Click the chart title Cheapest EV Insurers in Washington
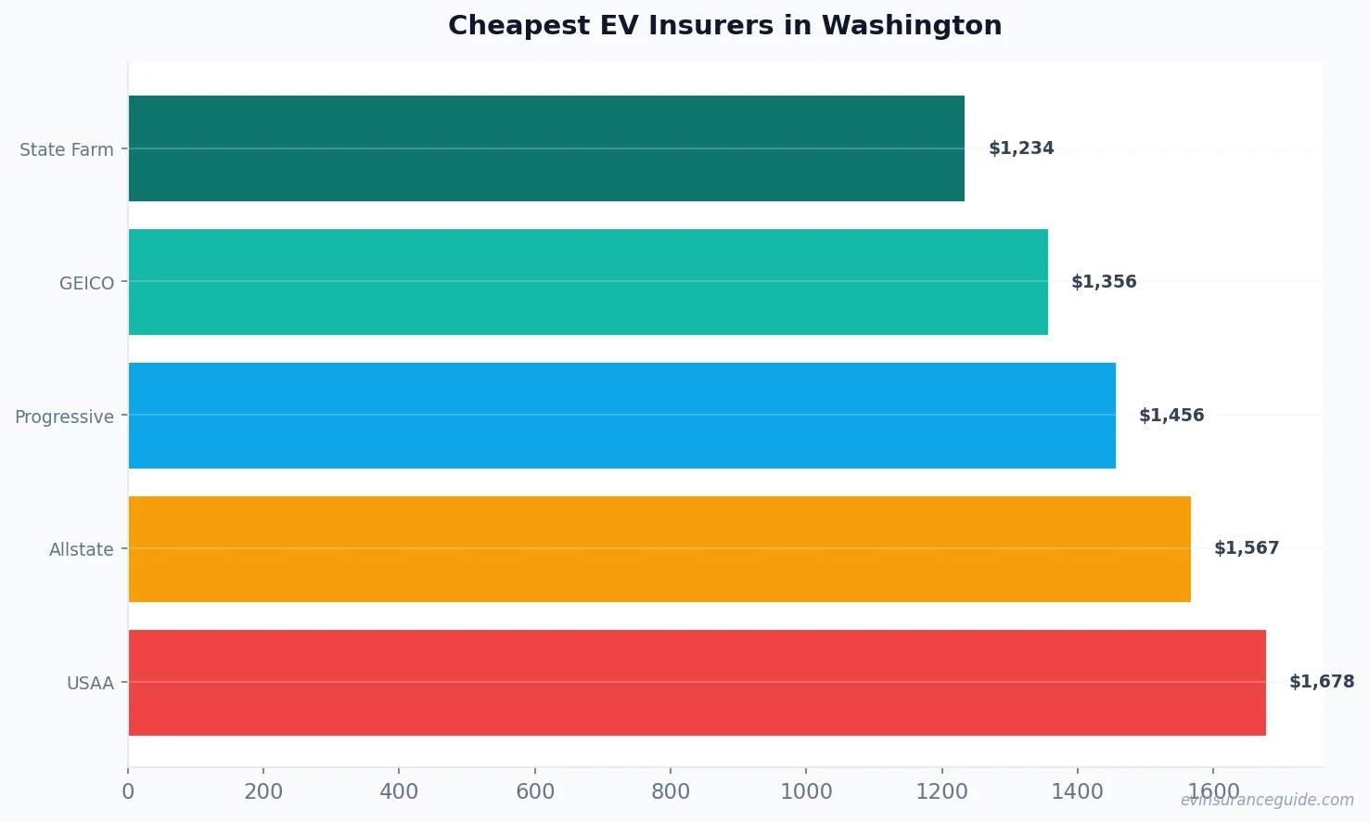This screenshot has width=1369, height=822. click(x=724, y=25)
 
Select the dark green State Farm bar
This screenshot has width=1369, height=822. click(x=546, y=148)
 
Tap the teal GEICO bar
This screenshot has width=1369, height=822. click(x=588, y=282)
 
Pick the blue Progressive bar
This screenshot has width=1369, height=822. click(x=621, y=416)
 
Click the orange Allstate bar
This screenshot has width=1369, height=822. click(x=659, y=549)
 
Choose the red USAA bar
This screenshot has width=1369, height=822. click(x=697, y=683)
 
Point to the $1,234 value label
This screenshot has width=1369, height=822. click(x=1021, y=148)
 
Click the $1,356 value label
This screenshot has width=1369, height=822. click(x=1104, y=282)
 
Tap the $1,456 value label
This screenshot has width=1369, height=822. click(x=1171, y=416)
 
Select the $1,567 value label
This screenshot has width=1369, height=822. click(x=1247, y=548)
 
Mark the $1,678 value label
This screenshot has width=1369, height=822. click(x=1322, y=682)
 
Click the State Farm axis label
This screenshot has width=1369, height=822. click(x=67, y=149)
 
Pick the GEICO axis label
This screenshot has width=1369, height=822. click(x=87, y=283)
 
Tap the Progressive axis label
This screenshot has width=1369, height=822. click(x=64, y=417)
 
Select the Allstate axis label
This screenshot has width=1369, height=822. click(x=82, y=549)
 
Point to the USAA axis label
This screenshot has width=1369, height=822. click(x=90, y=683)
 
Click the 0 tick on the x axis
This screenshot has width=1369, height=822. click(x=128, y=791)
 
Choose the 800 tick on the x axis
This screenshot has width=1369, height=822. click(x=671, y=791)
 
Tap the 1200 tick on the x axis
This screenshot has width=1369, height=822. click(x=941, y=791)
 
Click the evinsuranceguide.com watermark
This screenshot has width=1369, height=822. click(x=1267, y=800)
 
